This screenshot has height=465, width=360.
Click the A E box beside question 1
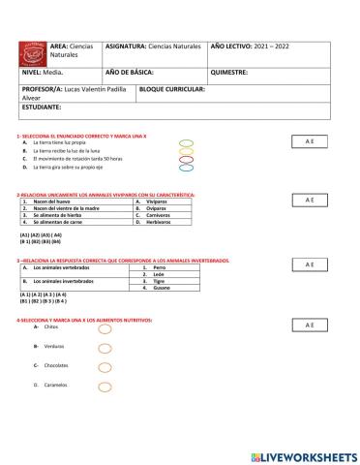click(x=310, y=141)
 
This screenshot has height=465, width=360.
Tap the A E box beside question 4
click(x=310, y=325)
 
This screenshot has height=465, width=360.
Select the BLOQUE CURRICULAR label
click(x=172, y=89)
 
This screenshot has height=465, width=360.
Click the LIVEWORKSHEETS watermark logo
click(x=302, y=455)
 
